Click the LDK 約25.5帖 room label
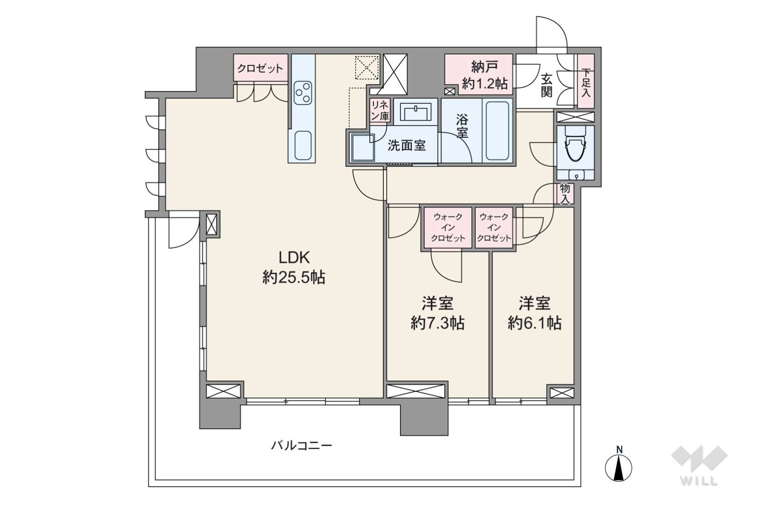click(x=294, y=267)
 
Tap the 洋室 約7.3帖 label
click(x=437, y=313)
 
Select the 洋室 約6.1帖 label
click(x=535, y=313)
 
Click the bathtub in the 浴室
click(x=497, y=130)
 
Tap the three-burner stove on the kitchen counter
click(x=303, y=93)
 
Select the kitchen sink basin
click(x=303, y=145)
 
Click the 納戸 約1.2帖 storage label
click(x=485, y=75)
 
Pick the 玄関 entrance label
click(x=546, y=85)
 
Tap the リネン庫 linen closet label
click(x=380, y=110)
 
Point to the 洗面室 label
click(x=407, y=146)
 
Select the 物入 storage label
click(x=565, y=194)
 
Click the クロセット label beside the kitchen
click(x=260, y=68)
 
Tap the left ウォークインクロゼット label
click(x=448, y=228)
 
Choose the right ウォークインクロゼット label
click(x=494, y=228)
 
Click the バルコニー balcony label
click(x=301, y=446)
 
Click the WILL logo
click(x=699, y=466)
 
